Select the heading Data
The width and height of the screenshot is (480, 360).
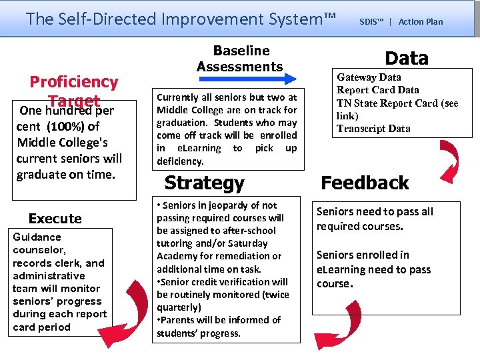click(x=407, y=58)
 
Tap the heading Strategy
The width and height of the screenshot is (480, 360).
click(x=204, y=183)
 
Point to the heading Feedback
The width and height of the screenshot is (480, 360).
click(x=365, y=183)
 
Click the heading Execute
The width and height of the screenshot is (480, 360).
click(x=55, y=219)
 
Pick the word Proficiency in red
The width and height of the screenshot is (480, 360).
click(x=73, y=82)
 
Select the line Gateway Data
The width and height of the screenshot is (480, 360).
click(x=369, y=77)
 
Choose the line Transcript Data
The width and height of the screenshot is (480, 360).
click(x=373, y=129)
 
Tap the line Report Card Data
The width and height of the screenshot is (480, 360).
click(x=377, y=90)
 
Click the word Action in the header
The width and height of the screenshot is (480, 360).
click(x=408, y=21)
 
